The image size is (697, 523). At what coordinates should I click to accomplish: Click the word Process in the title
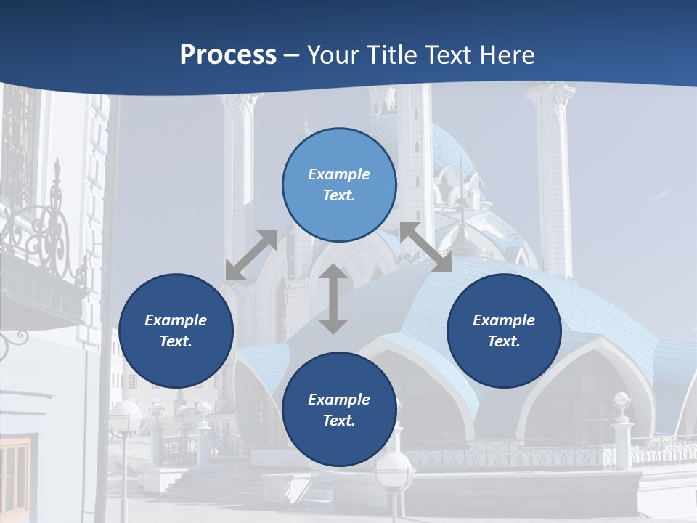click(228, 56)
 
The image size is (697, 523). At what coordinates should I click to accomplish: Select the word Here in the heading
click(506, 56)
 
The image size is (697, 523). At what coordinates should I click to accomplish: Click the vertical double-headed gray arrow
click(333, 299)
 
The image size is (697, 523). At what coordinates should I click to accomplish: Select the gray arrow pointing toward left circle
click(251, 255)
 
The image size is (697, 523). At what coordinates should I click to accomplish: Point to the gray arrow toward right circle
click(426, 247)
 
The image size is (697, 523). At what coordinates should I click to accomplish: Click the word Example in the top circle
click(339, 174)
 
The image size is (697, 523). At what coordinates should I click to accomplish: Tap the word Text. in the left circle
click(176, 341)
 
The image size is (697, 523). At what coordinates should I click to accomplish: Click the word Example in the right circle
click(504, 320)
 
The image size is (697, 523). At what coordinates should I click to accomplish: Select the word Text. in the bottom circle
click(339, 421)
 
